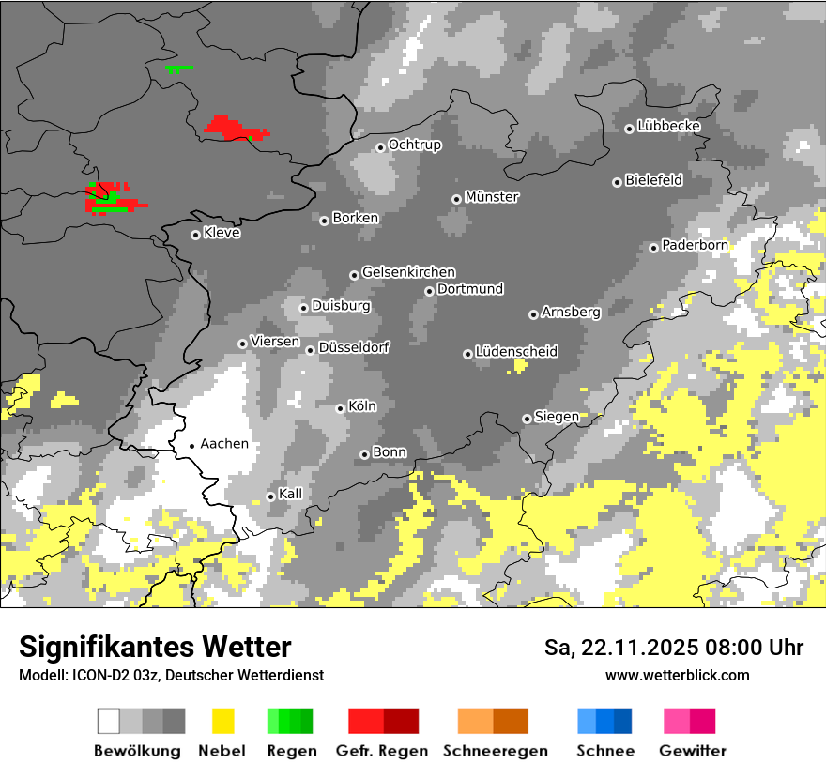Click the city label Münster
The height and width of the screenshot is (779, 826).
[x=492, y=197]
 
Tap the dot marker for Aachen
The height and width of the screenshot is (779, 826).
[x=191, y=446]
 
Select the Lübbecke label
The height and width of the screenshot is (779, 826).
[x=668, y=126]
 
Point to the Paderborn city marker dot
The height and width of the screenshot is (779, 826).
[x=653, y=248]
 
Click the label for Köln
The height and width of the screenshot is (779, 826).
[x=362, y=406]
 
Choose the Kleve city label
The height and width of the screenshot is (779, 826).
[x=222, y=233]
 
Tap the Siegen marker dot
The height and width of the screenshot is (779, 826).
[x=527, y=419]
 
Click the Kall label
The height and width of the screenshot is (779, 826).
[x=291, y=494]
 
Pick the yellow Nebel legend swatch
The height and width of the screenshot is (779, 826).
[x=223, y=721]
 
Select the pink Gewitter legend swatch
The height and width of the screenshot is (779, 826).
[x=689, y=721]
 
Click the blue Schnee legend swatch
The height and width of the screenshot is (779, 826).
[x=604, y=721]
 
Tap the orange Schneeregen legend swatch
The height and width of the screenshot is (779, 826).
[x=493, y=721]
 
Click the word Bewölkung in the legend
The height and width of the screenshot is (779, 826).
[x=137, y=751]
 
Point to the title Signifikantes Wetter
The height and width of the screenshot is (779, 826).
[x=155, y=648]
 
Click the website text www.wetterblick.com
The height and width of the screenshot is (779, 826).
[x=677, y=675]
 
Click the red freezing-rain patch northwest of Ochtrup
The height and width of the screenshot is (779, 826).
[x=235, y=128]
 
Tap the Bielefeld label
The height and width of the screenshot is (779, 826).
[x=653, y=180]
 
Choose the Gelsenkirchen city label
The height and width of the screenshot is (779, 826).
[x=408, y=272]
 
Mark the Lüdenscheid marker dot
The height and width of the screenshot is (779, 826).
[x=467, y=354]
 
